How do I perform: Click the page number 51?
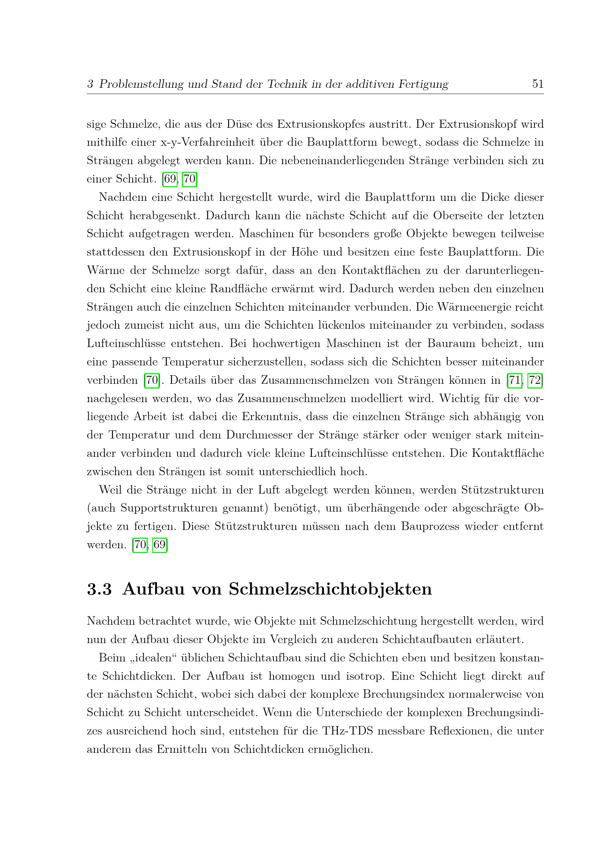pos(538,83)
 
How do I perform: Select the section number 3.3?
pos(99,589)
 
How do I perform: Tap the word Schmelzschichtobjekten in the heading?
pos(330,589)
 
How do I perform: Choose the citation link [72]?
pos(535,380)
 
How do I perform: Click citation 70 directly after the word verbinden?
pos(152,380)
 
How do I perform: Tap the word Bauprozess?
pos(430,526)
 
